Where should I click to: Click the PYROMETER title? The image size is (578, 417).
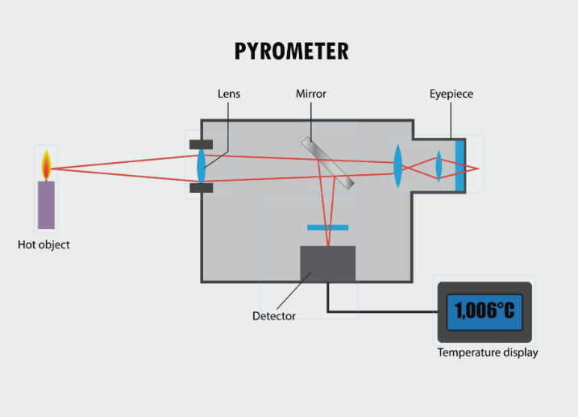291,51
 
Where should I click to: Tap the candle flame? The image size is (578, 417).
47,166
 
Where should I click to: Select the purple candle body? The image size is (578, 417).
47,205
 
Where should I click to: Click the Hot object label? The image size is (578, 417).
44,244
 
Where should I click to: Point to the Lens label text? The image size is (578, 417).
229,94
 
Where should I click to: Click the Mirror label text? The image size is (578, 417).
310,94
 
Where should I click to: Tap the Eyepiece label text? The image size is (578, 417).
451,94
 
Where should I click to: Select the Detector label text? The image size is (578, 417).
274,316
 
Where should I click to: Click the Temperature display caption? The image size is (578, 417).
487,352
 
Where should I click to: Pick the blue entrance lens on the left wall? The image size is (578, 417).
202,166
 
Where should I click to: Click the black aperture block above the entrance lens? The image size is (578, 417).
202,144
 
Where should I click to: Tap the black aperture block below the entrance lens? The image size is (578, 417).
202,189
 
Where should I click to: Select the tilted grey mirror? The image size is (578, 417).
328,163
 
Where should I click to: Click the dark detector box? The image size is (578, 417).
327,264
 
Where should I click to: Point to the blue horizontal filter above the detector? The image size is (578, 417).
327,227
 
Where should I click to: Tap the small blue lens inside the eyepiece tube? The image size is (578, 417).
439,167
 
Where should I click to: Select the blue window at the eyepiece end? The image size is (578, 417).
459,166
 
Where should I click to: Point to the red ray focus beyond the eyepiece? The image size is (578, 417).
478,169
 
